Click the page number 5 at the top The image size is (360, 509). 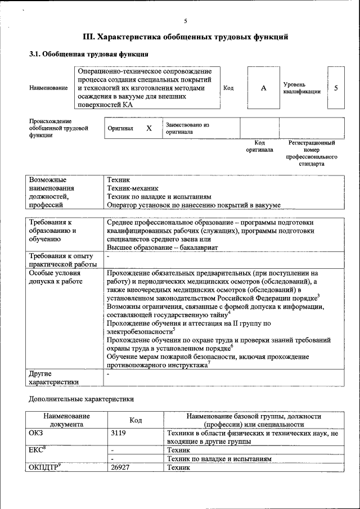[x=185, y=21]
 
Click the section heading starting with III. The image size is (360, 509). [x=185, y=37]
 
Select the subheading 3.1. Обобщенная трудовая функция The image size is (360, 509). [x=89, y=55]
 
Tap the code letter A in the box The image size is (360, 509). [x=263, y=89]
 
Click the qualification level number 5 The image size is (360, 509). [x=336, y=88]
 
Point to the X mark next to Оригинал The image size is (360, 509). [x=149, y=128]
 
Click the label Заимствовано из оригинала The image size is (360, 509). [x=187, y=128]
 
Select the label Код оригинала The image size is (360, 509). [x=259, y=146]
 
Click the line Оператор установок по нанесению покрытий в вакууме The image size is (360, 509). [x=193, y=205]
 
